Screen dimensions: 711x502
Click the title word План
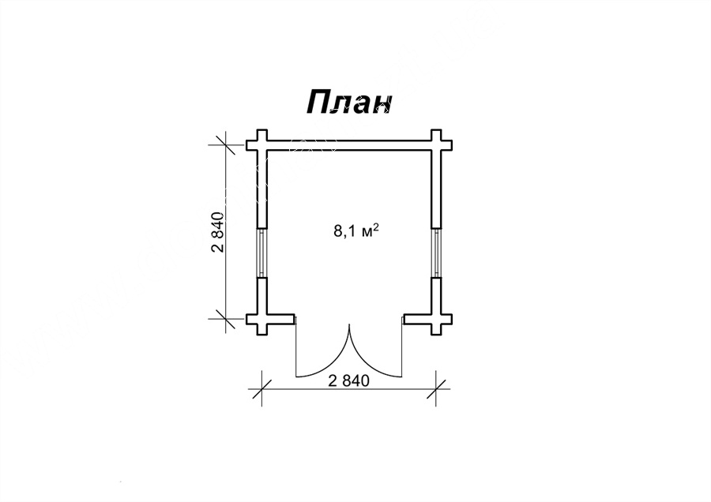point(348,103)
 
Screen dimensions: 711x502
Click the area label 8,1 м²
point(356,231)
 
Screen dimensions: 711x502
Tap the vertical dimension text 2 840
point(218,231)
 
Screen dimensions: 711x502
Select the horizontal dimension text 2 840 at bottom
point(348,381)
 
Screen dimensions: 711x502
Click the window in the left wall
point(262,253)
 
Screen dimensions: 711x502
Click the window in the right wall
point(436,253)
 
